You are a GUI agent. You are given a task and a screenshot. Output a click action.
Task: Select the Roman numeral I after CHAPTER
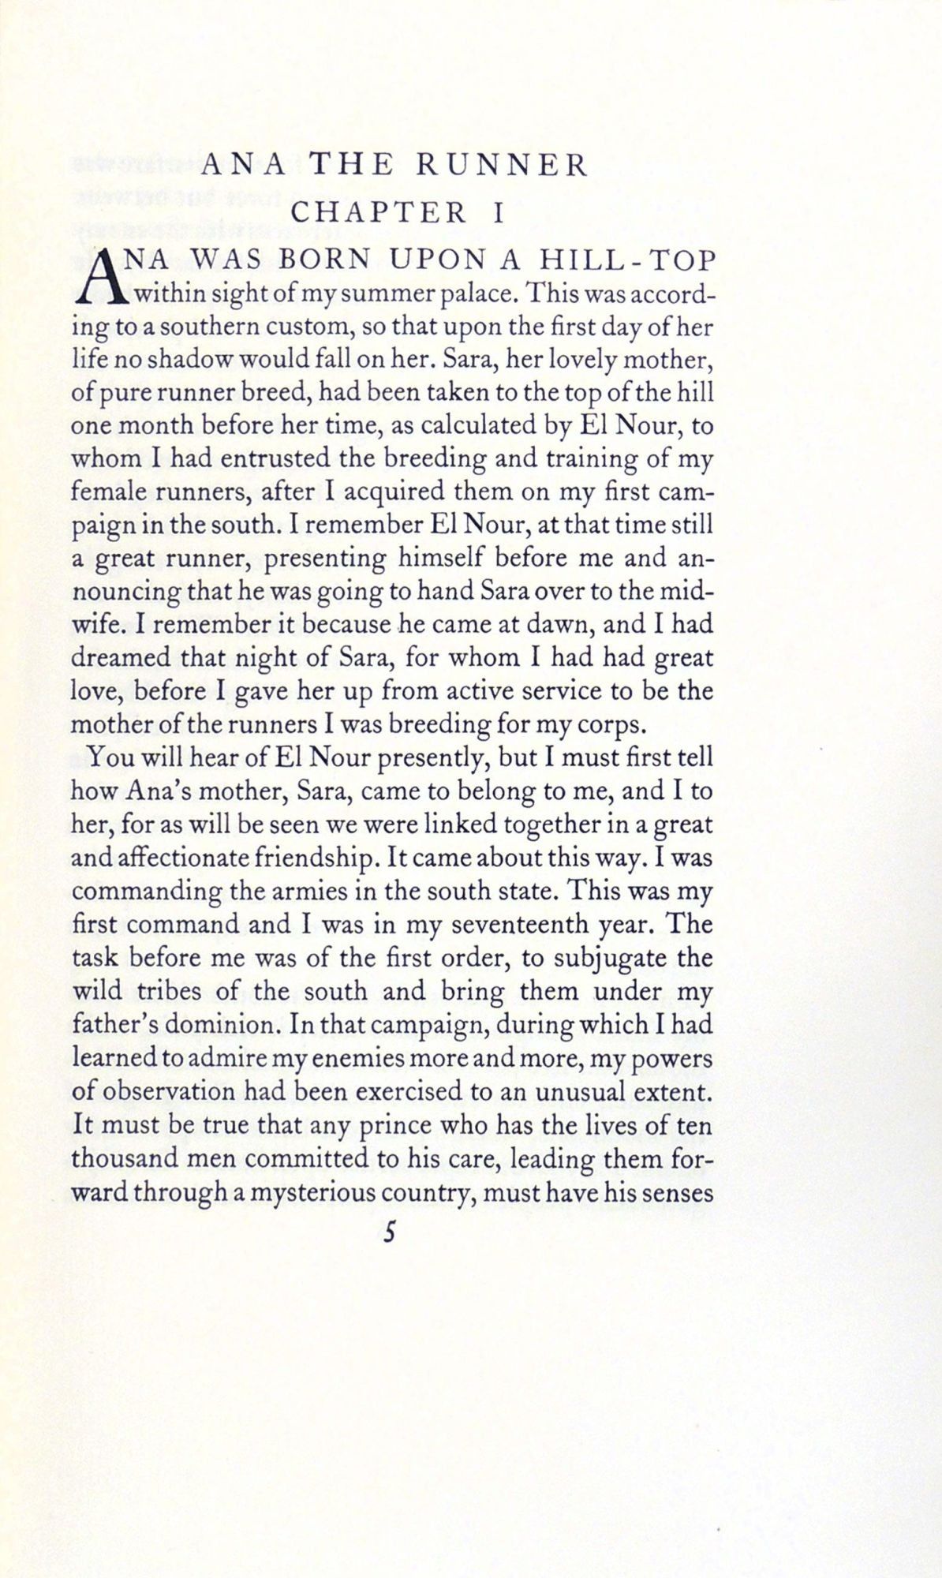tap(498, 213)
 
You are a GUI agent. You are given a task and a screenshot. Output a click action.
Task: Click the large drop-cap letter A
tap(101, 280)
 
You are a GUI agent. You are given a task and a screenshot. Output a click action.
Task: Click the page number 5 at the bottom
tap(388, 1233)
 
